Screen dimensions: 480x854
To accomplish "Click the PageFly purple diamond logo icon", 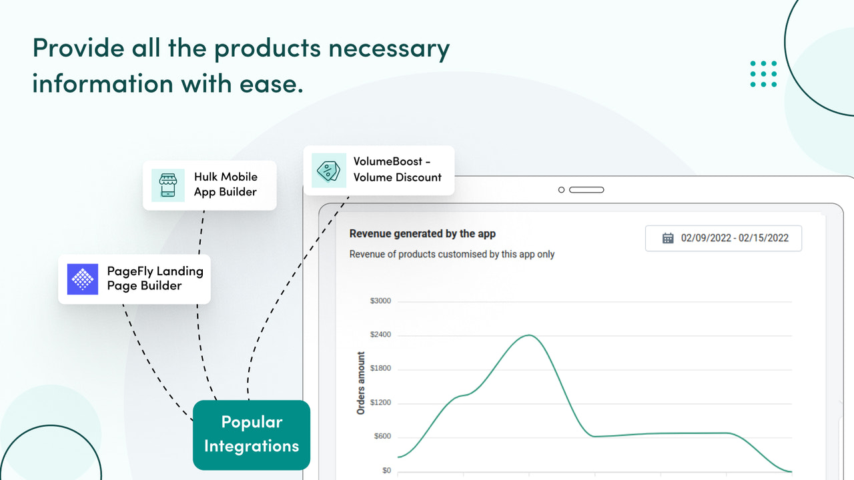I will tap(83, 279).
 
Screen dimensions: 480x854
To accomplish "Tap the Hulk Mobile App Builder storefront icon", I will tap(167, 185).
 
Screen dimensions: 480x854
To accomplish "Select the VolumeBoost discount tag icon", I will tap(329, 170).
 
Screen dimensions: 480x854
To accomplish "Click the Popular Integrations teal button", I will tap(252, 434).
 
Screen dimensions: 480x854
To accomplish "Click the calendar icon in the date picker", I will tap(667, 238).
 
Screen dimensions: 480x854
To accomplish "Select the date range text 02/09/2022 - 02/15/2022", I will tap(735, 238).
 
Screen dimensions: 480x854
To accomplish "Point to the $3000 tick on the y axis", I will tap(380, 301).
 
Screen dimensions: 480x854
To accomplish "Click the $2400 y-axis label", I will tap(380, 335).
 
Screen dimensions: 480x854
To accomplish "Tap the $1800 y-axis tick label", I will tap(380, 369).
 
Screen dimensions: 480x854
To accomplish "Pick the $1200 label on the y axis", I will tap(380, 403).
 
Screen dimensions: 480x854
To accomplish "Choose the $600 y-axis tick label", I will tap(382, 437).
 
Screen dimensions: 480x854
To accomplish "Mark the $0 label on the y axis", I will tap(386, 471).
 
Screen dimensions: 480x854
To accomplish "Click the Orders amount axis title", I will tap(361, 383).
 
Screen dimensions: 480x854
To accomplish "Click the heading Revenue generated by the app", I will tap(422, 234).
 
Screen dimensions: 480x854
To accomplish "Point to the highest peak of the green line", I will tap(529, 335).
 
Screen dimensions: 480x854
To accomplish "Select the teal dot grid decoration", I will tap(763, 74).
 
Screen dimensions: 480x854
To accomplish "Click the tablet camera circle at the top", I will tap(561, 190).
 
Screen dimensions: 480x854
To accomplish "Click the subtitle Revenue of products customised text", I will tap(452, 254).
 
